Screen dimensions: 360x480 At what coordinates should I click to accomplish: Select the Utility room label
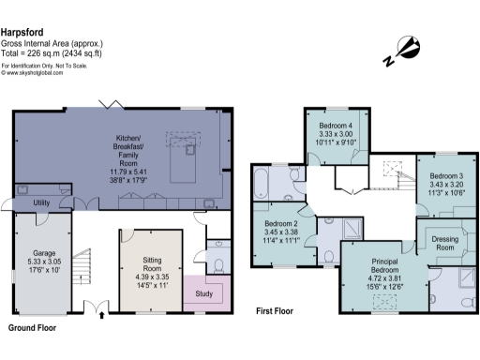click(40, 202)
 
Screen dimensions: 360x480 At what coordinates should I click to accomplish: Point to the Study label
click(204, 293)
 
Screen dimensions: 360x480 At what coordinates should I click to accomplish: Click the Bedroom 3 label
click(446, 176)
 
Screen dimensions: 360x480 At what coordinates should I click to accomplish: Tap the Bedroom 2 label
click(281, 225)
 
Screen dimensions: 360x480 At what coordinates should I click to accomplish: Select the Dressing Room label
click(445, 245)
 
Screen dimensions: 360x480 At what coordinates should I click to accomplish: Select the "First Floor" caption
click(278, 309)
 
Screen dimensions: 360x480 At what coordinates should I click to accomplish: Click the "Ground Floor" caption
click(35, 329)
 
